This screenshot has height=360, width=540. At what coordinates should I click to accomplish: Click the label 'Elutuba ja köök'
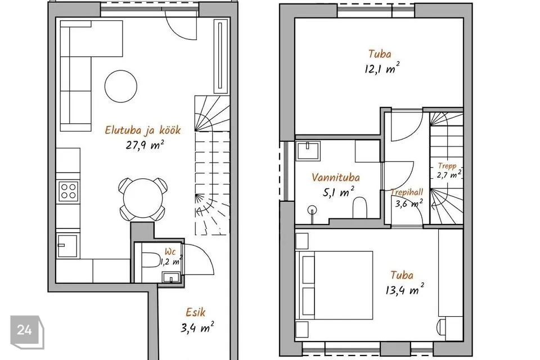142,130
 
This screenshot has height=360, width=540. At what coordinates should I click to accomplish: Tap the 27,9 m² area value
145,145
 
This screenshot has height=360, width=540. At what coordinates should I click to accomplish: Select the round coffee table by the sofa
121,86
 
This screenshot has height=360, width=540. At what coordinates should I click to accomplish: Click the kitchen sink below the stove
68,246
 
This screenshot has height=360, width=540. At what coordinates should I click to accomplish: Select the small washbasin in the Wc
171,277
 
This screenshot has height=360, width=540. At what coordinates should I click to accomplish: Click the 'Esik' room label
195,312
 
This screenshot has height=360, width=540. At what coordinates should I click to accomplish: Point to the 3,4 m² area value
197,327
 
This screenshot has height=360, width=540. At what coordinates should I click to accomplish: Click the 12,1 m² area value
382,68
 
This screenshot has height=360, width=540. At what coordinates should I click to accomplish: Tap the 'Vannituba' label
336,177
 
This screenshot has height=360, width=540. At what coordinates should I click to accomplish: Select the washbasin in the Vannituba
308,151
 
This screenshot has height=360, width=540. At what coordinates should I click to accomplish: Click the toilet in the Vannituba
360,208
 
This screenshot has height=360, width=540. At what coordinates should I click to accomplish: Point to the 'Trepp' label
447,166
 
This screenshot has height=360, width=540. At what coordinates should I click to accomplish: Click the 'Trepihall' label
407,192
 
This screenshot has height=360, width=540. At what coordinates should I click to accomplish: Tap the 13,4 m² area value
404,289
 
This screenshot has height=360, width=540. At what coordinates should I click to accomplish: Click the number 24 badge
25,330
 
